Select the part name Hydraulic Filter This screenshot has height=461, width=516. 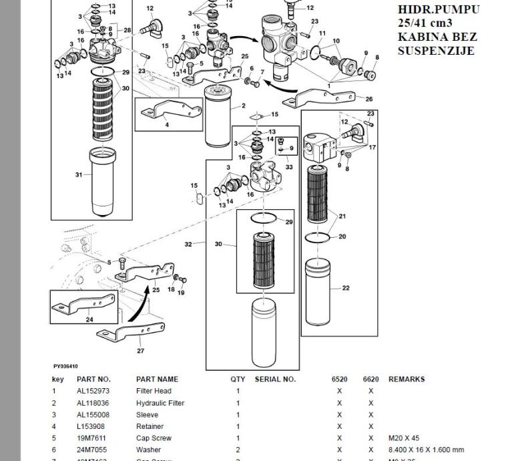(x=160, y=403)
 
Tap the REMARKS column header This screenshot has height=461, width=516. (x=406, y=379)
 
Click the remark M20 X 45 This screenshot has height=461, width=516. (x=404, y=438)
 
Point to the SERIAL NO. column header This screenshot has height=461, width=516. (x=274, y=379)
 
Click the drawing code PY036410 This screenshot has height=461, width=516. (x=65, y=366)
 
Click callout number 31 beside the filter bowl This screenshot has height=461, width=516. (x=79, y=175)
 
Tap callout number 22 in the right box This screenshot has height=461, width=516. (x=345, y=289)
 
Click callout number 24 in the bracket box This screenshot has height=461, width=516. (x=89, y=319)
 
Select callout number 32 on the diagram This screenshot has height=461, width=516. (x=189, y=245)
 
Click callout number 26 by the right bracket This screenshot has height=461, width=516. (x=369, y=100)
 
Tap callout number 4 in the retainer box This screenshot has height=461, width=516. (x=167, y=125)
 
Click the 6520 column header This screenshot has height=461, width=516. (x=339, y=379)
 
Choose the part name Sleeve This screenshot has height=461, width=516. (x=147, y=415)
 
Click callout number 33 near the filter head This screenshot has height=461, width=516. (x=288, y=167)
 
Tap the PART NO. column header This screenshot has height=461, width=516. (x=93, y=379)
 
